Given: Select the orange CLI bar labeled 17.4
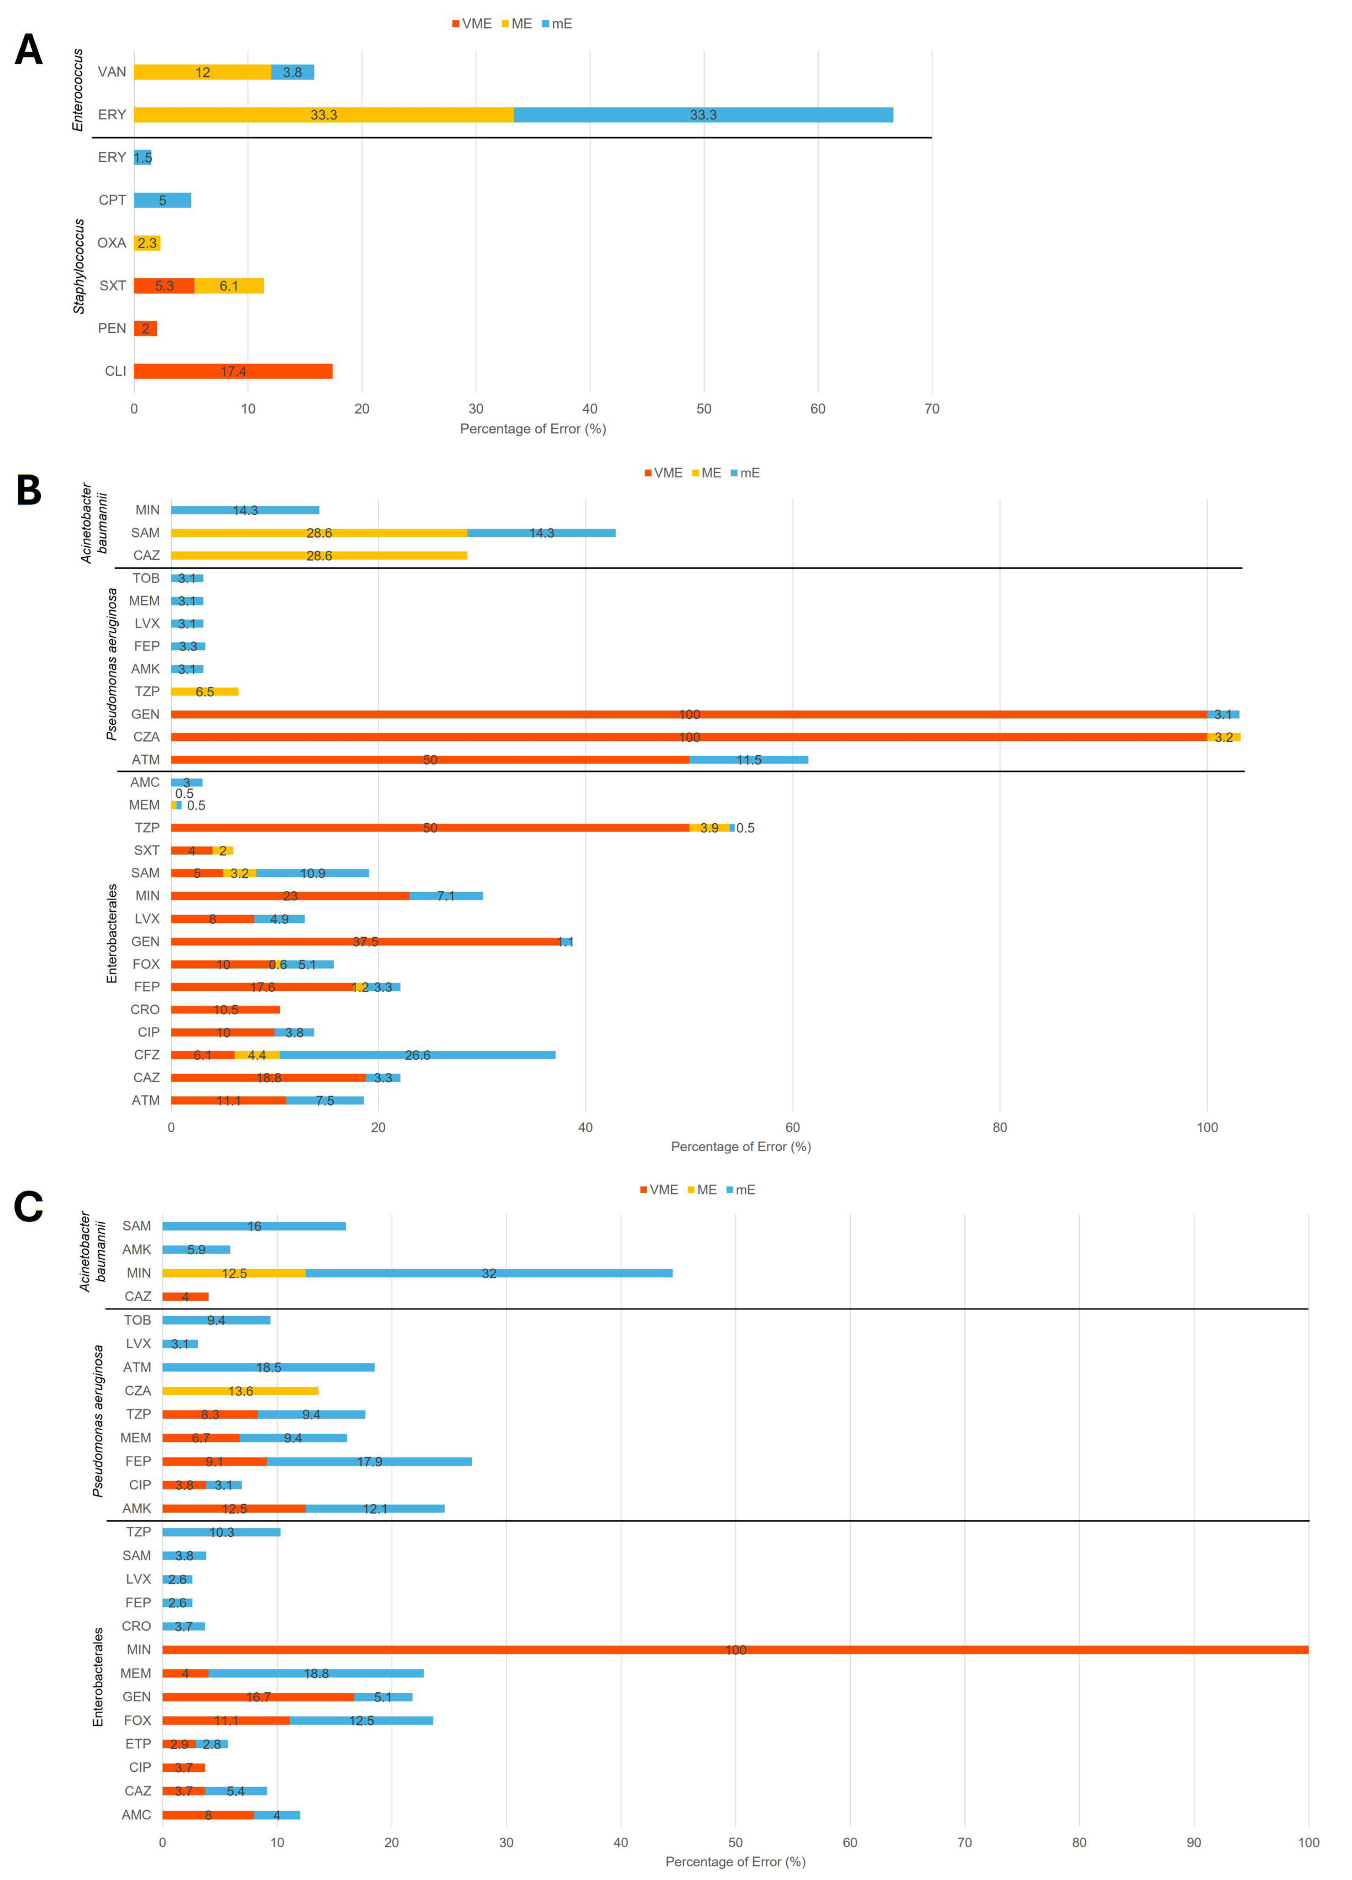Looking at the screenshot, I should [233, 371].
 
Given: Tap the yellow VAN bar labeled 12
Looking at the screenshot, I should [202, 72].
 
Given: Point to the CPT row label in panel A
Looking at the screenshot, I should [112, 200].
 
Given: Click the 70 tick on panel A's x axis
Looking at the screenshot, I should [932, 409].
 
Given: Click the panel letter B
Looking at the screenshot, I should [29, 490].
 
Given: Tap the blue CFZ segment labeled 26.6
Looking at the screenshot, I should [418, 1055].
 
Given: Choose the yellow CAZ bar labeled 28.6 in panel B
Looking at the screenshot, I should [319, 555].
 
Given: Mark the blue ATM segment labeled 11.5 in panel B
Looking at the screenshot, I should [748, 760].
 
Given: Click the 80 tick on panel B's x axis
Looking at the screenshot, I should [1000, 1127].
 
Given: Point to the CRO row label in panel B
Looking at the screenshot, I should [145, 1010].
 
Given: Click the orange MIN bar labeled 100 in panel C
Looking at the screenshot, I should [735, 1650].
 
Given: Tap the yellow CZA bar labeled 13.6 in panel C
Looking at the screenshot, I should [240, 1391].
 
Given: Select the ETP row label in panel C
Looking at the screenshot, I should [138, 1744].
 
